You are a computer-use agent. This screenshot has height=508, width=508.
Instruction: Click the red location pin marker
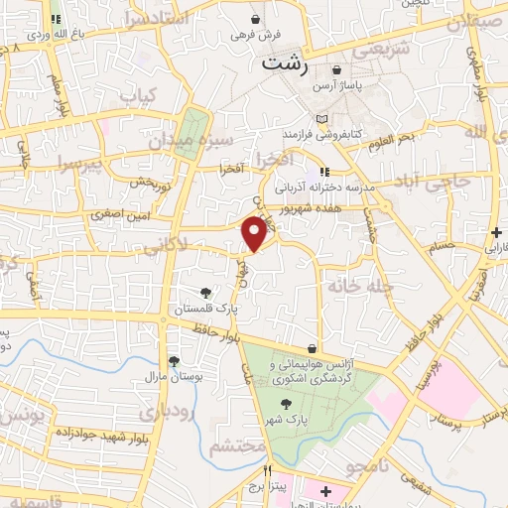(256, 234)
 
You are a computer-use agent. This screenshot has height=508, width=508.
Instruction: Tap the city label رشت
(282, 63)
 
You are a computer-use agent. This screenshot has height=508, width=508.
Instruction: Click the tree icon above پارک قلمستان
(205, 293)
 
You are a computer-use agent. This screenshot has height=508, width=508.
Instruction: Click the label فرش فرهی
(257, 35)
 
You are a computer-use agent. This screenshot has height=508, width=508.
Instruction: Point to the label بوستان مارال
(174, 377)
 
